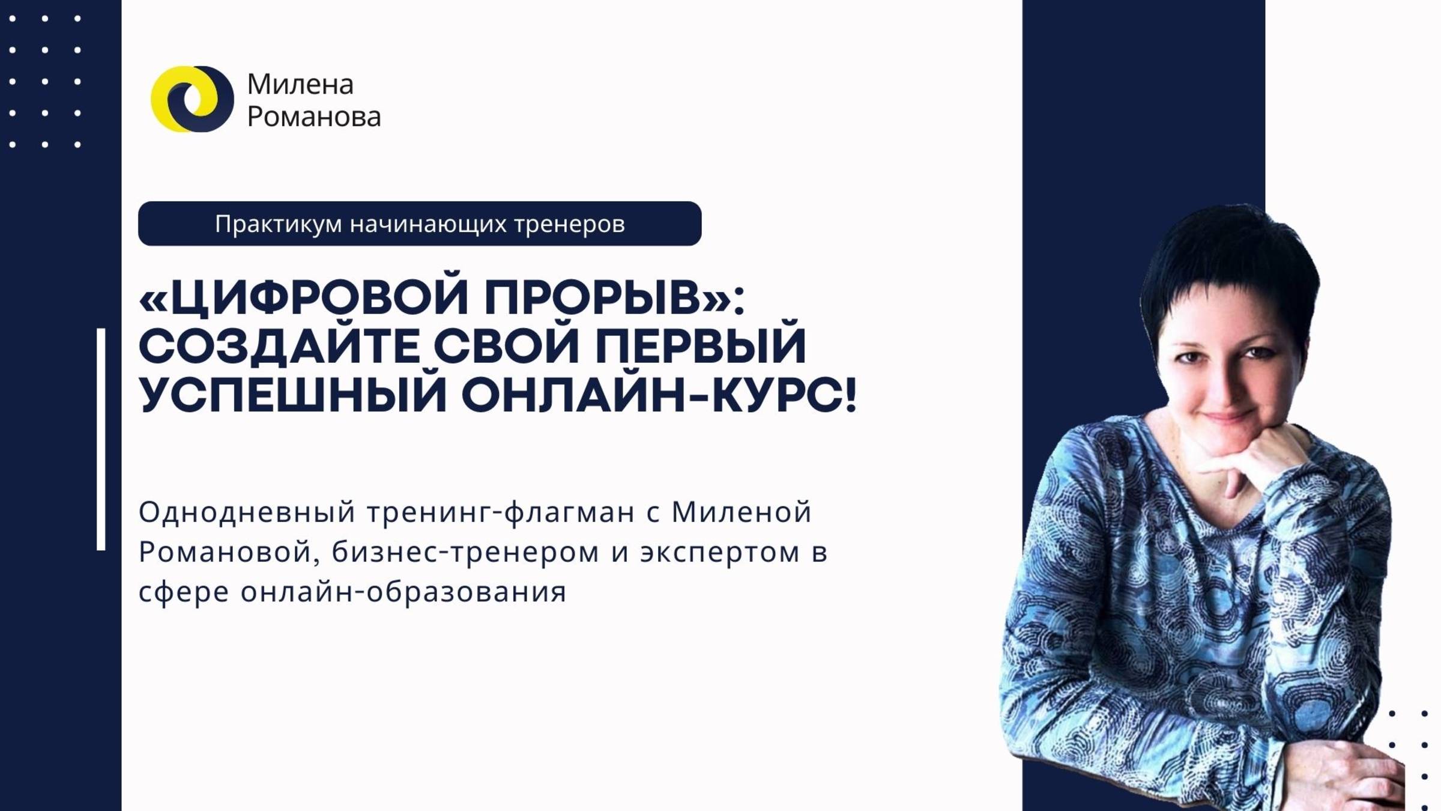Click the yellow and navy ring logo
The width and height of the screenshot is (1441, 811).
pos(192,99)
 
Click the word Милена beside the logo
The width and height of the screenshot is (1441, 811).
pos(300,84)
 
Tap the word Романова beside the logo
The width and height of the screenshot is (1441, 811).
pos(314,117)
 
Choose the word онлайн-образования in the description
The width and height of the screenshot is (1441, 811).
pos(403,592)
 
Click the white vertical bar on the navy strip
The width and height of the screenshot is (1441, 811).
pos(101,439)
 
